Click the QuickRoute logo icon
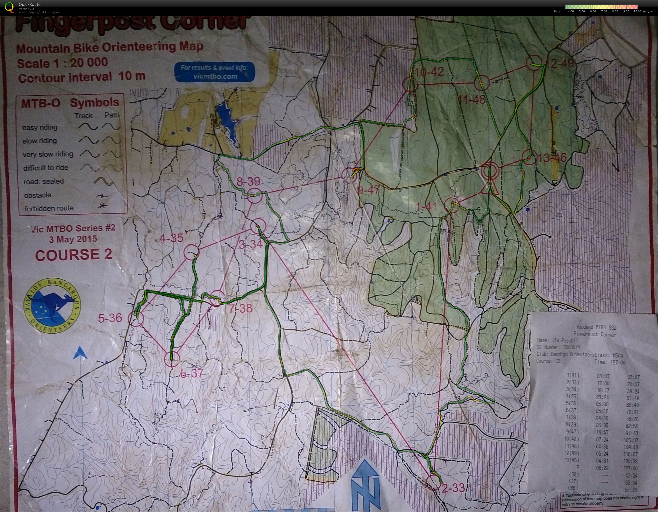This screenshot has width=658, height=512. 9,7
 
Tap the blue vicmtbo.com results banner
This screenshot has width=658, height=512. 214,72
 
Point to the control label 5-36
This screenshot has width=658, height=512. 110,318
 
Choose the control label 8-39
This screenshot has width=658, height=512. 248,181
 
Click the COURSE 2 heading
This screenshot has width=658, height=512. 74,255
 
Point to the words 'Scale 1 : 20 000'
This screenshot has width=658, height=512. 62,63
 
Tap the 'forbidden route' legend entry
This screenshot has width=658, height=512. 49,208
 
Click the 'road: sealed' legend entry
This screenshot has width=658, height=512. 44,181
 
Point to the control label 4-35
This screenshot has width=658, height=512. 171,238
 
